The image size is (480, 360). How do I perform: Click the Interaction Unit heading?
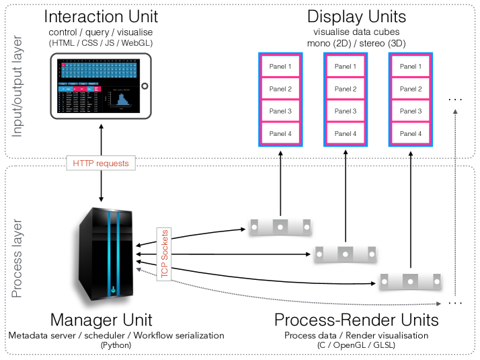point(101,17)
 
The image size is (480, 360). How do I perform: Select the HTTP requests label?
point(101,163)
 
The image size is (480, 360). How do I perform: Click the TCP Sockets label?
point(165,253)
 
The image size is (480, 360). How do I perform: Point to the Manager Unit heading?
point(101,320)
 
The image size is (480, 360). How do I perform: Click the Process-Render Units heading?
point(356,320)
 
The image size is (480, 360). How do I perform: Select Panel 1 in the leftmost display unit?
point(280,67)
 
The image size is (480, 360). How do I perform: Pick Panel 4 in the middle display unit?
point(346,133)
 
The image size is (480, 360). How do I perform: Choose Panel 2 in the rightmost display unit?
point(410,89)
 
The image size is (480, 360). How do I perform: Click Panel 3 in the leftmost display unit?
point(280,111)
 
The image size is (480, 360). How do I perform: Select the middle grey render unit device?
point(345,254)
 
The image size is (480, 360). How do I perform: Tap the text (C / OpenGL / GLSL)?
point(356,345)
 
